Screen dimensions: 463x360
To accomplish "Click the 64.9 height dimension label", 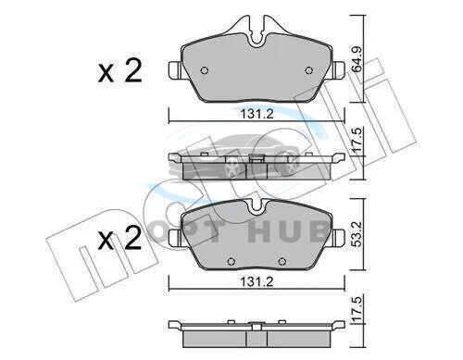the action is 357,59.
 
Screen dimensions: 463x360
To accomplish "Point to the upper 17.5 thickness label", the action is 357,140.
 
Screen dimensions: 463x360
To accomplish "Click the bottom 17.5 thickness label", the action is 357,308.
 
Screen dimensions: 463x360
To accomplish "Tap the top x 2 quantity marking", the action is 120,70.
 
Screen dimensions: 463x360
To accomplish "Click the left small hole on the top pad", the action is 205,70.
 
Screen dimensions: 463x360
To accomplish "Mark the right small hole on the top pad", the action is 308,70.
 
